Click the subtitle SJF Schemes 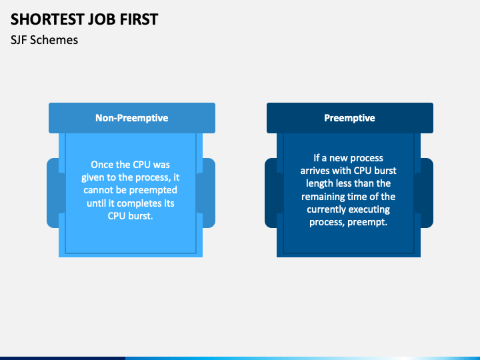click(44, 40)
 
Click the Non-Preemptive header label click(131, 118)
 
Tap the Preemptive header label click(349, 118)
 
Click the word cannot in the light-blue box click(98, 190)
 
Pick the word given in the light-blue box click(95, 177)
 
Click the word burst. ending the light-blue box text click(140, 215)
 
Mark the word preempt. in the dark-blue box click(367, 221)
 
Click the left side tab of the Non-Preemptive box click(53, 193)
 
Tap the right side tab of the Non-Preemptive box click(208, 193)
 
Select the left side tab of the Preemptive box click(271, 193)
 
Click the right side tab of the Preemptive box click(426, 193)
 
